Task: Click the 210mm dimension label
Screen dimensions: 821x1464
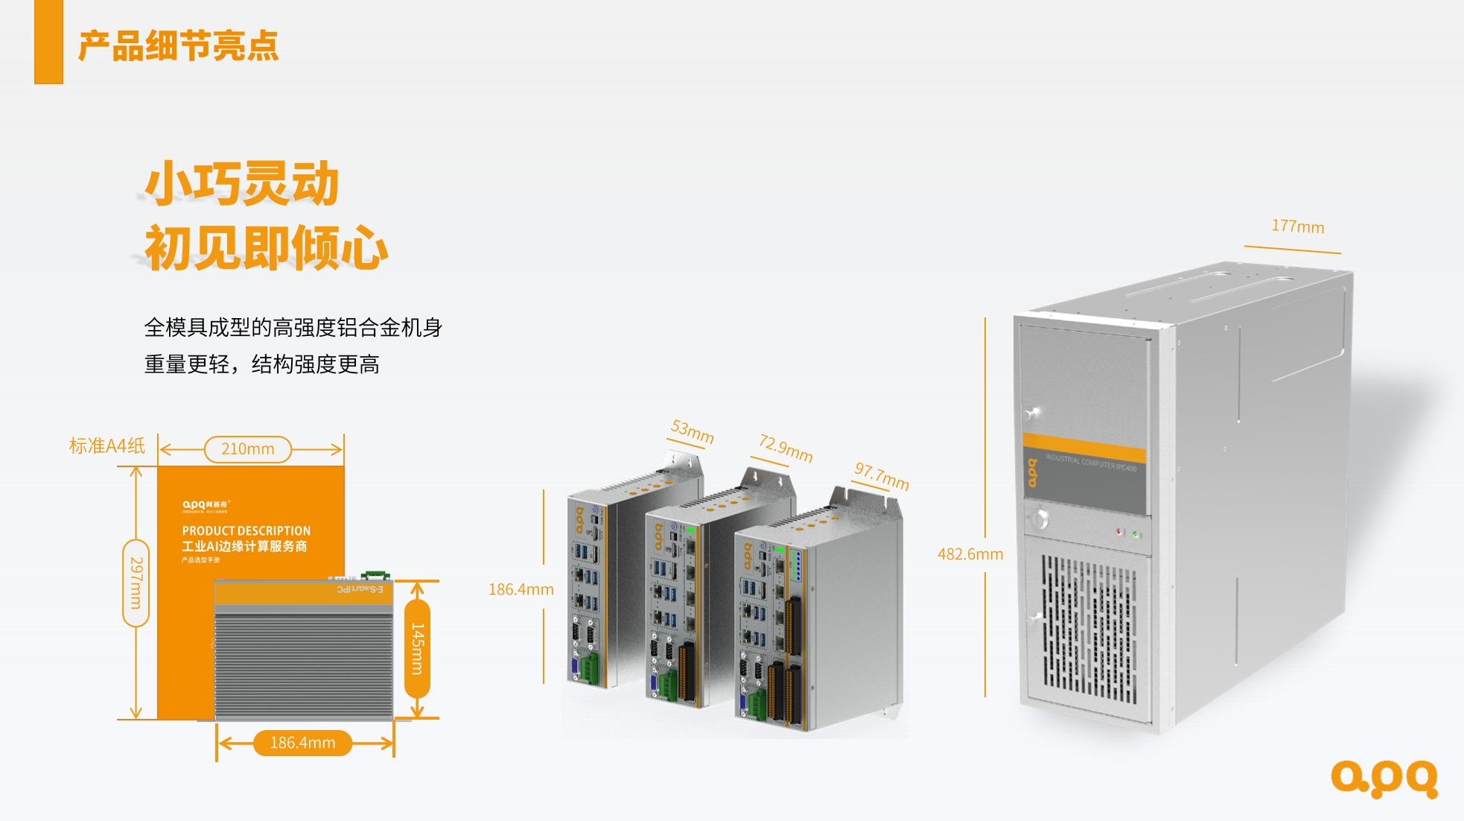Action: [x=247, y=449]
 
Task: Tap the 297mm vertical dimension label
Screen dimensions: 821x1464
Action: [x=136, y=583]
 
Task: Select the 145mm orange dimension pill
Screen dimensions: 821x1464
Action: [x=417, y=649]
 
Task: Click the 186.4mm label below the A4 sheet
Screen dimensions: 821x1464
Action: [x=302, y=743]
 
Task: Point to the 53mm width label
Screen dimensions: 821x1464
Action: [x=692, y=431]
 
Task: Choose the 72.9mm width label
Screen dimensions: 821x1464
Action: [x=786, y=448]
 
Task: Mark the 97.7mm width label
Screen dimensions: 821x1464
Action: [x=882, y=476]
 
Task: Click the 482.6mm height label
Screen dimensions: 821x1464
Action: [x=970, y=554]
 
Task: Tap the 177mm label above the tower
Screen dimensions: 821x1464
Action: [x=1297, y=226]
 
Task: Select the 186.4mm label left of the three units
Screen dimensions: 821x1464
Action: [x=521, y=590]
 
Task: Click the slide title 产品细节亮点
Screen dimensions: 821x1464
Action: [x=179, y=46]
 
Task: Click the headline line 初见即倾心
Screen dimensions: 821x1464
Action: [x=266, y=248]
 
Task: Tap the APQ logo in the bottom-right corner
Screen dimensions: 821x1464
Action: [x=1384, y=779]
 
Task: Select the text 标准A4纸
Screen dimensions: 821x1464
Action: [x=106, y=446]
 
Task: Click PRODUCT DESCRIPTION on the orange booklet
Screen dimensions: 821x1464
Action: [x=246, y=530]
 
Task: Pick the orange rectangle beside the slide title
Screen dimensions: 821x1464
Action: [x=48, y=42]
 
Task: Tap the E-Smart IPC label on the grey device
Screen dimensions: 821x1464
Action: [x=360, y=589]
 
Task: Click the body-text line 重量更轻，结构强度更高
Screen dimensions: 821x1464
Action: [x=261, y=364]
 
